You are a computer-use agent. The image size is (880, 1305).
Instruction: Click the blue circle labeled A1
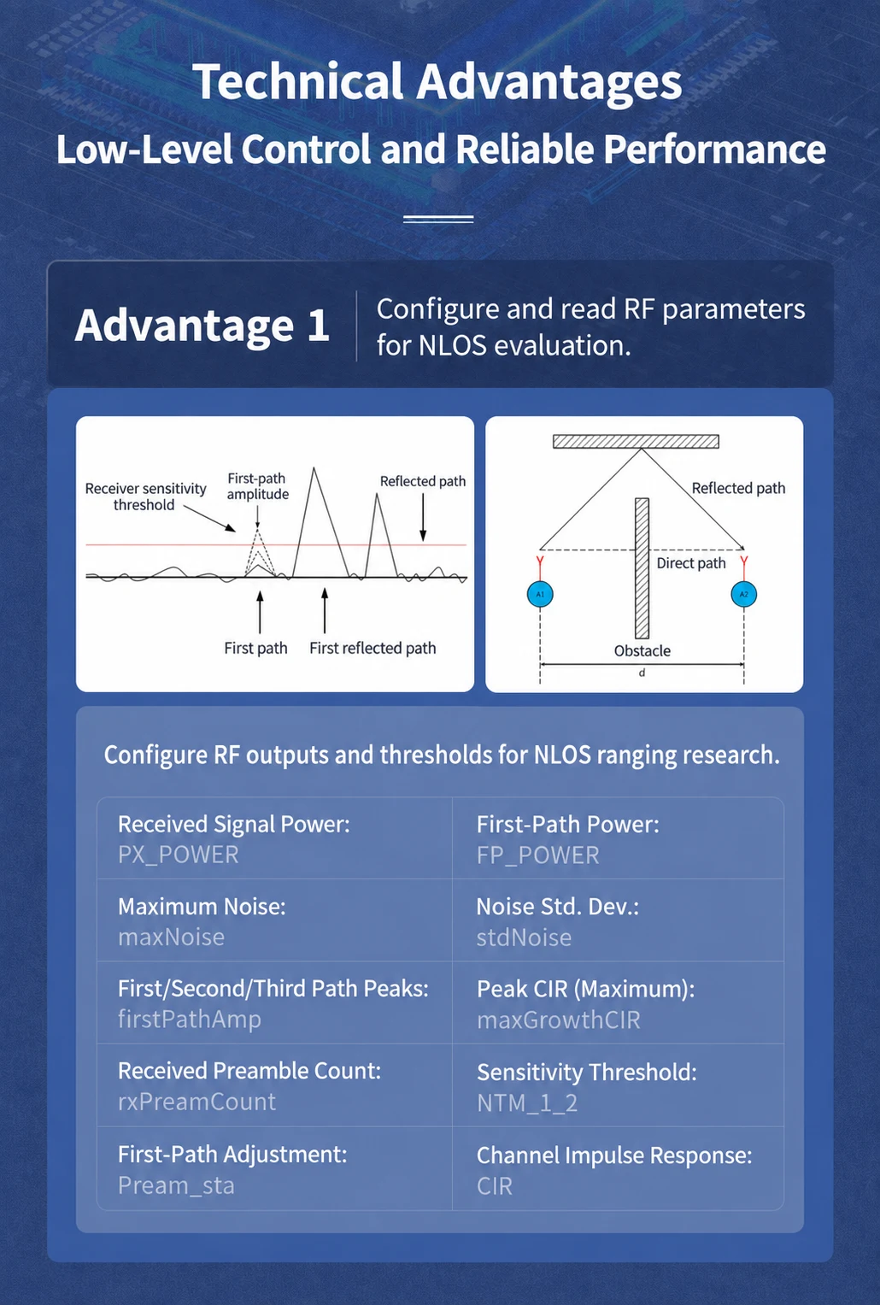(x=540, y=594)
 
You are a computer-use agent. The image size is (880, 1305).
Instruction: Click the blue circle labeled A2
(x=743, y=594)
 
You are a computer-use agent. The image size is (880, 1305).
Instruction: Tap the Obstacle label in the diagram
(x=642, y=650)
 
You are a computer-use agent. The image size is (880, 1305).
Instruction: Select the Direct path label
(x=691, y=563)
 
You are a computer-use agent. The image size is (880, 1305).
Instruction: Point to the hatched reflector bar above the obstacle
(x=636, y=441)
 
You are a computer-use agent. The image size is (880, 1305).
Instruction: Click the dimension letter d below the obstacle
(x=642, y=673)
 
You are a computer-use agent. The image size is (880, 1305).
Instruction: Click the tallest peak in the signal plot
(x=314, y=468)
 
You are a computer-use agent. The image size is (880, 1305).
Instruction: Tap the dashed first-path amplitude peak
(x=257, y=530)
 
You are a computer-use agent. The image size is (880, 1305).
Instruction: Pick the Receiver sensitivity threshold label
(x=145, y=497)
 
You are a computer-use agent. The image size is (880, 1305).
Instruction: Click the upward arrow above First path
(x=260, y=612)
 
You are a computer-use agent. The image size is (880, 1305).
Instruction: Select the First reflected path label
(x=373, y=648)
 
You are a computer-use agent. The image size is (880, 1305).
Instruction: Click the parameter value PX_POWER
(x=179, y=855)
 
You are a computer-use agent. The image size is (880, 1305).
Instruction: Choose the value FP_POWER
(x=537, y=855)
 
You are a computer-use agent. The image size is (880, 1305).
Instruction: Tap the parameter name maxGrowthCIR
(x=559, y=1020)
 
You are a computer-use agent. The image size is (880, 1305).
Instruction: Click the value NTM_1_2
(x=527, y=1102)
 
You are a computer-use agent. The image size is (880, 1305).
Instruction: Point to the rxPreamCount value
(x=197, y=1102)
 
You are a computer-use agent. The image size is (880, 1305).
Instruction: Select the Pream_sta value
(x=176, y=1185)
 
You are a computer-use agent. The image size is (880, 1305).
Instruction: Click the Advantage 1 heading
(x=202, y=325)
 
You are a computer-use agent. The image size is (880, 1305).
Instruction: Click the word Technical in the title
(x=297, y=81)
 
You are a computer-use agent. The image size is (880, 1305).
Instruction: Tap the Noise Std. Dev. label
(x=557, y=907)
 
